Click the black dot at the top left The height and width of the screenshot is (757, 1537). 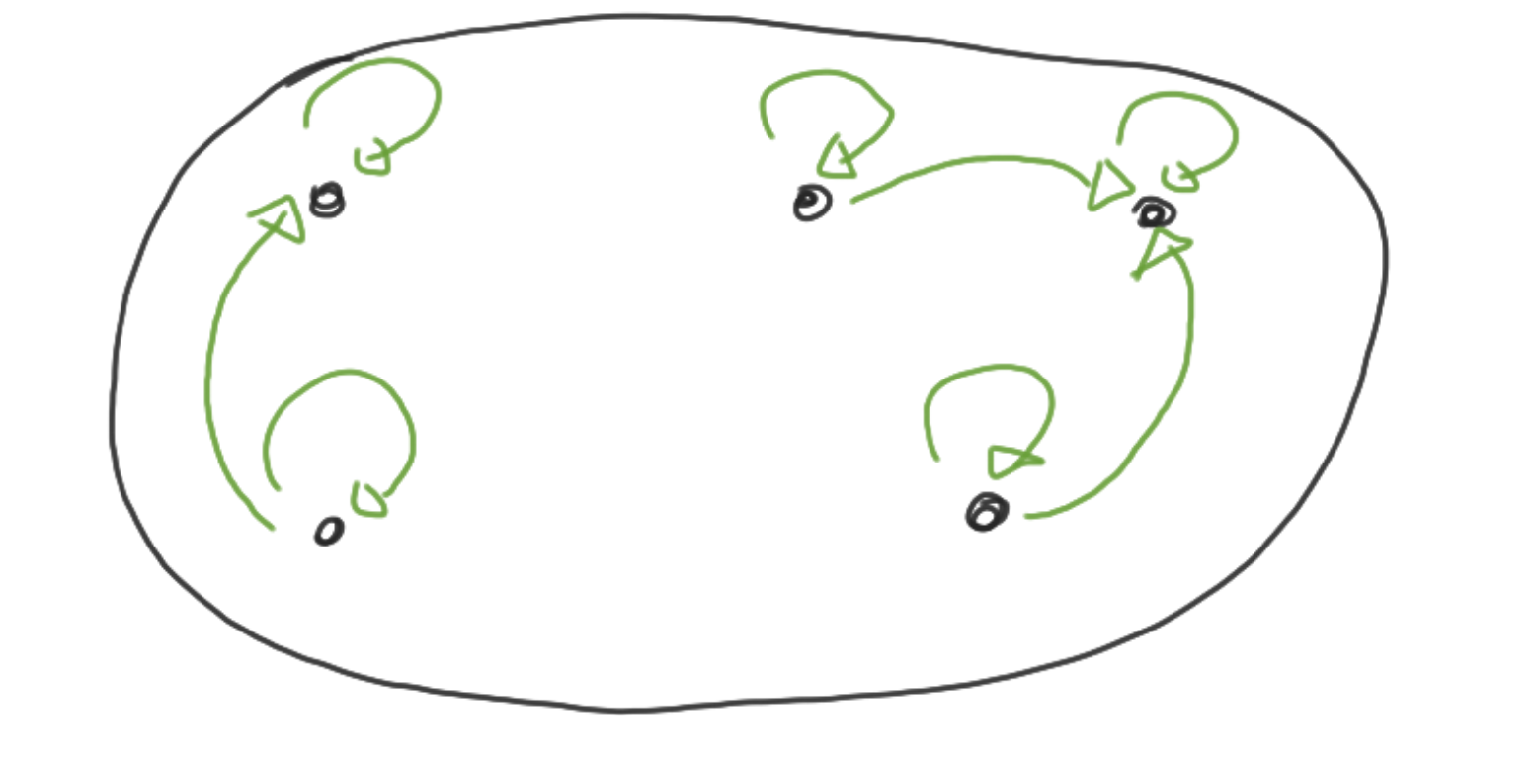[x=327, y=202]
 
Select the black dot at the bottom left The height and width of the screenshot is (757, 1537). [x=329, y=532]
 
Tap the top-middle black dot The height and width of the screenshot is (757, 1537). [x=811, y=203]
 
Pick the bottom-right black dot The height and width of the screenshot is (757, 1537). [x=986, y=513]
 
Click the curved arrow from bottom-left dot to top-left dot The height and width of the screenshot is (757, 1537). [x=211, y=376]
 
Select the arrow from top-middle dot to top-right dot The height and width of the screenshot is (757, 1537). [x=978, y=160]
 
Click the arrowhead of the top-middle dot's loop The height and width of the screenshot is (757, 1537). [x=836, y=158]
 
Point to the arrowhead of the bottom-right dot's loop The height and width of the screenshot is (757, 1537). [x=1010, y=461]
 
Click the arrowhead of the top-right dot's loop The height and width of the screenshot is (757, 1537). [x=1179, y=178]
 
